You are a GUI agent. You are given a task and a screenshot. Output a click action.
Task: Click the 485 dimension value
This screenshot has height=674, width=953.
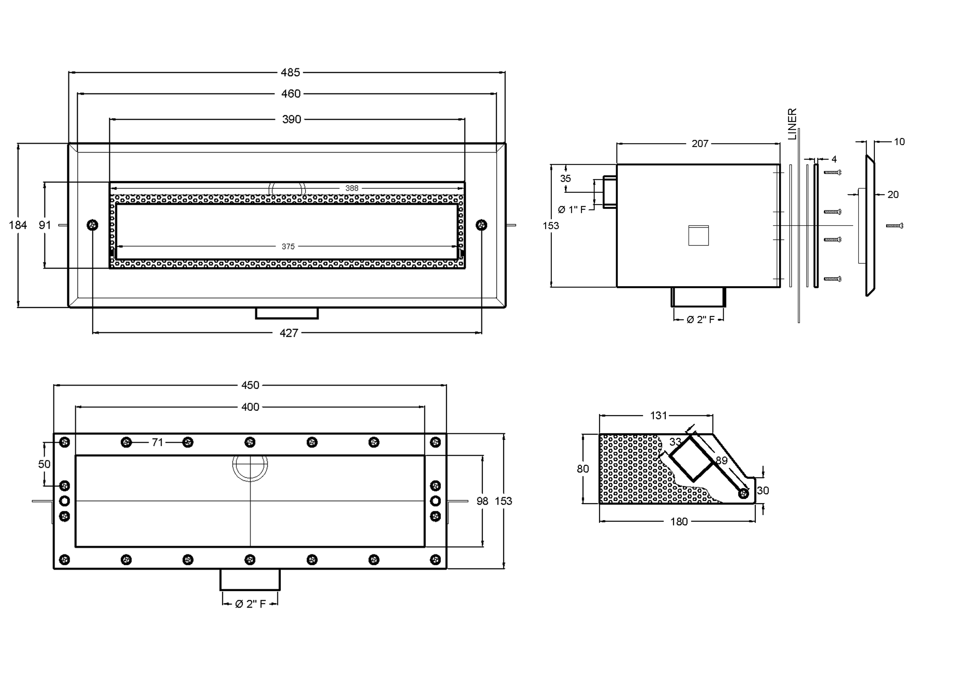point(290,73)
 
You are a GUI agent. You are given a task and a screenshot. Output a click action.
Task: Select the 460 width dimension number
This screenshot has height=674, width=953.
point(291,94)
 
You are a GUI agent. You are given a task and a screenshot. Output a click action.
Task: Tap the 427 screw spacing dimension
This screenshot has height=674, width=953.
point(288,333)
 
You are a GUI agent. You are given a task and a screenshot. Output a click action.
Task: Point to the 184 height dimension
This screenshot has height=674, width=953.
point(18,225)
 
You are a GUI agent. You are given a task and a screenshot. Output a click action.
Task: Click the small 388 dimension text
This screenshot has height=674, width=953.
point(352,188)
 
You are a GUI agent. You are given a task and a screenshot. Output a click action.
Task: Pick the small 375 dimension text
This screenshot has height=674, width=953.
point(288,247)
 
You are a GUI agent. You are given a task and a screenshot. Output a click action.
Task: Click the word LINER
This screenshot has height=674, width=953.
point(792,124)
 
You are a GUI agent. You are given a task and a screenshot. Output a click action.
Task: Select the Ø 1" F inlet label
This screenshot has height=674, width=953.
point(572,210)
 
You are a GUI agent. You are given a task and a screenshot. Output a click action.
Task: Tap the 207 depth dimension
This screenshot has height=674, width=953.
point(700,144)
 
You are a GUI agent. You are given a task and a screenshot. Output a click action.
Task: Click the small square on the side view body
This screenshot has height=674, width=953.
point(699,235)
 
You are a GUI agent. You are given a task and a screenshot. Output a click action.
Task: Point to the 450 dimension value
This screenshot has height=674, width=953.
point(250,385)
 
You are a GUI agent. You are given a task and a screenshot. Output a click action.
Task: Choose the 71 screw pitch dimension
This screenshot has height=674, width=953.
point(157,443)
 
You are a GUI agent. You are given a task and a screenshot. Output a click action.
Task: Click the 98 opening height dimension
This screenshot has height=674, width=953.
point(482,501)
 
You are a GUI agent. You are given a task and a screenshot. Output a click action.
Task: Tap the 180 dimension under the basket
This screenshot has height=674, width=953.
point(679,522)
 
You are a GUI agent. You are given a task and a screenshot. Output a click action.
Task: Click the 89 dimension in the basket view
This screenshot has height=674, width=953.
point(722,460)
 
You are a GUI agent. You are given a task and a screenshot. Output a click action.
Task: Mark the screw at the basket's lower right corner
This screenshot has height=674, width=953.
point(744,493)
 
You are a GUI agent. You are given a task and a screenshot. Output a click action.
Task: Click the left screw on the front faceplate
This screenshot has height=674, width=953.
point(92,225)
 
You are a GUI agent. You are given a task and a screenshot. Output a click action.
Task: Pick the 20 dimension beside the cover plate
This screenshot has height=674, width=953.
point(893,194)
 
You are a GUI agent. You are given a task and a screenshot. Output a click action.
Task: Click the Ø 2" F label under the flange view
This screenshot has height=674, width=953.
point(250,604)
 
